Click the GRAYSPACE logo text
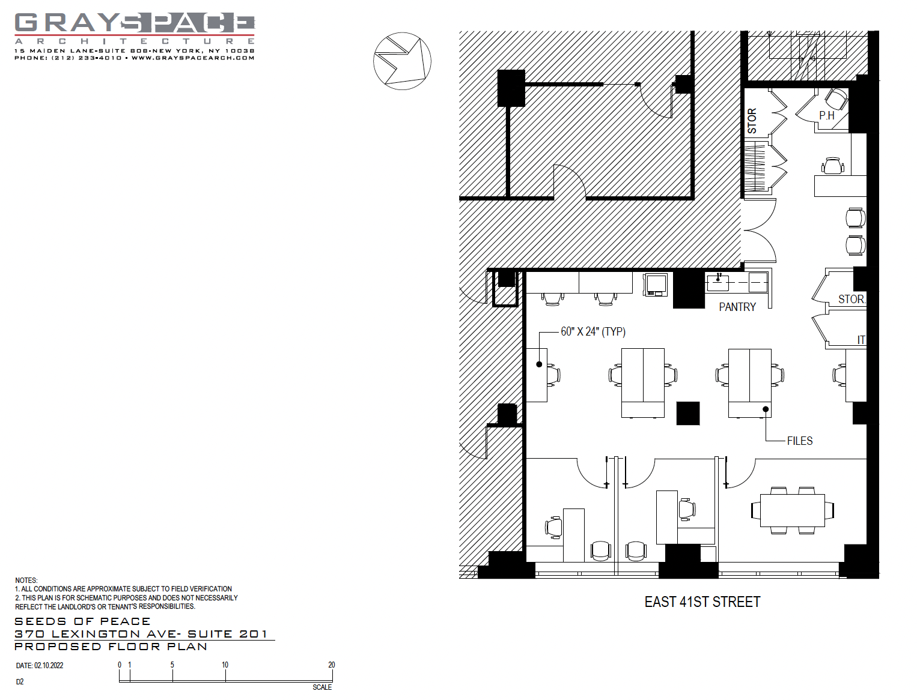point(135,23)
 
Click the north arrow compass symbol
point(402,61)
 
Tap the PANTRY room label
point(737,307)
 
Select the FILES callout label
point(800,441)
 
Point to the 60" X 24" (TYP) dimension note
point(593,332)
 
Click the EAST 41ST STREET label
point(702,602)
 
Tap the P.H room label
point(827,116)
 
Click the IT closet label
point(861,340)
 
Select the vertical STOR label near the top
point(752,121)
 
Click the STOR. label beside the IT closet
point(851,300)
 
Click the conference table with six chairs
point(793,510)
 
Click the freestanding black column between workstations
point(688,413)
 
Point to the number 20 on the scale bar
point(331,665)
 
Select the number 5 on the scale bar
point(172,665)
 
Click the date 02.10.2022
point(49,666)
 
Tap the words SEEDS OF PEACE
point(82,622)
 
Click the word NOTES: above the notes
point(26,581)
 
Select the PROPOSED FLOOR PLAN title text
point(111,647)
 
